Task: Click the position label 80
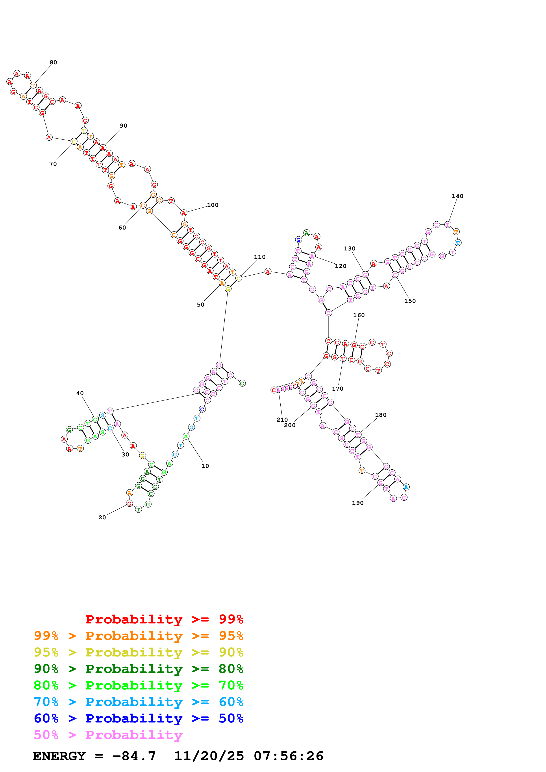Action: point(53,62)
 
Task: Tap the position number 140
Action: point(457,196)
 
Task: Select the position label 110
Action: point(259,257)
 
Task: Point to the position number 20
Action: point(102,517)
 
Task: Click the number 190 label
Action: point(358,503)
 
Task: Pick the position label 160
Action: point(359,315)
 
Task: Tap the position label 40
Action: point(80,393)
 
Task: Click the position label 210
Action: point(282,420)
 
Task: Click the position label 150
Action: point(410,301)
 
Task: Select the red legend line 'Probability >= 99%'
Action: point(164,619)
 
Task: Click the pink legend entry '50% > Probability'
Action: point(108,735)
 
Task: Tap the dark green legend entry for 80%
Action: point(138,669)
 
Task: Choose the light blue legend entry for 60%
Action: point(138,702)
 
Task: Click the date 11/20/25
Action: point(209,756)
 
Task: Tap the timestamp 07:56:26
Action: point(288,756)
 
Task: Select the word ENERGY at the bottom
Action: point(59,756)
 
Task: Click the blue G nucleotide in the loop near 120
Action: point(298,240)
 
